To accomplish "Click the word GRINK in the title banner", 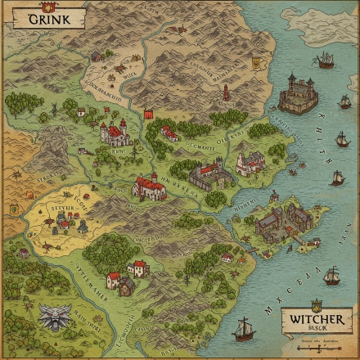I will coord(44,19).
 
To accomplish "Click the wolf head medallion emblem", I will coord(55,316).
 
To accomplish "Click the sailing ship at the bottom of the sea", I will coord(243,329).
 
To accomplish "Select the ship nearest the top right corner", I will coord(326,59).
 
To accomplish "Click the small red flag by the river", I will coord(147,114).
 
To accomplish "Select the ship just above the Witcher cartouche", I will coord(331,276).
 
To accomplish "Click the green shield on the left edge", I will coord(13,209).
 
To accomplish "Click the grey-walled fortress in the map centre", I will coord(206,174).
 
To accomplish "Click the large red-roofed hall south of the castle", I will coord(150,187).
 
